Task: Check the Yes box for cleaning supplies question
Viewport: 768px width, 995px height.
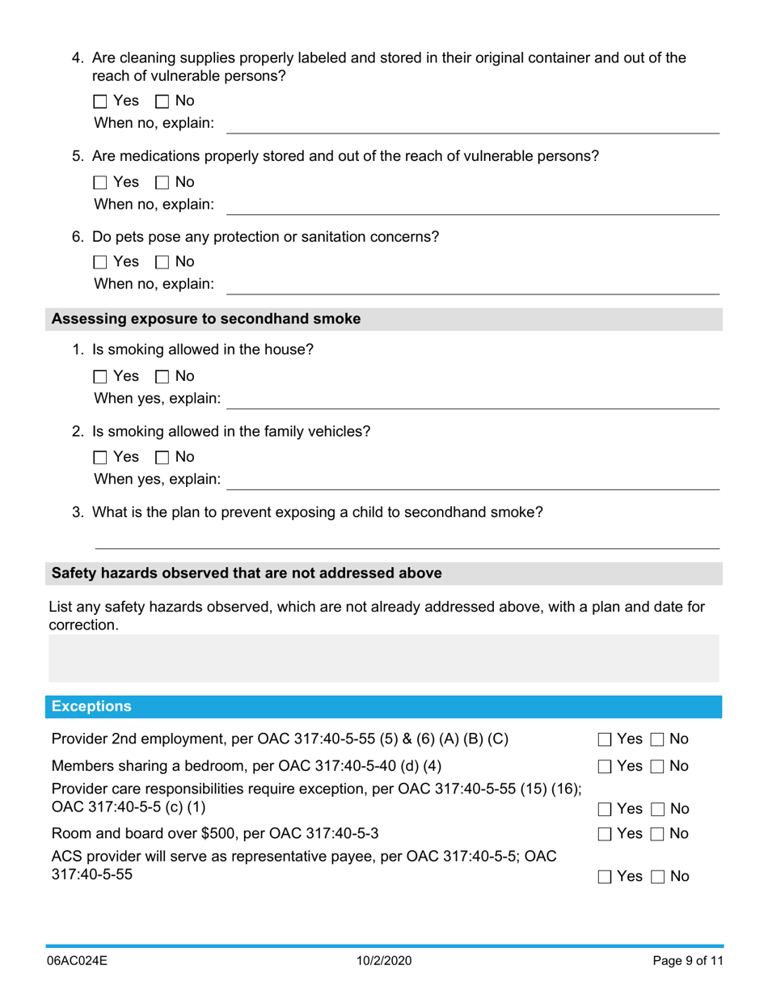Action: [100, 102]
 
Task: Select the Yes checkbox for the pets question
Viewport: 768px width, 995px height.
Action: [100, 262]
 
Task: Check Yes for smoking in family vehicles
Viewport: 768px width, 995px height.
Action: [100, 457]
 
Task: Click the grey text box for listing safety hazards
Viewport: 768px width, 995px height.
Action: [383, 658]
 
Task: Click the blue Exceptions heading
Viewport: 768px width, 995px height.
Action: [91, 707]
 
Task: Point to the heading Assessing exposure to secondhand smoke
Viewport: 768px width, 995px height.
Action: [206, 319]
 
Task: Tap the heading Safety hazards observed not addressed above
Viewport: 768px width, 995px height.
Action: [247, 574]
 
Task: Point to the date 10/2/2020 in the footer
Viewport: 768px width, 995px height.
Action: [383, 962]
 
